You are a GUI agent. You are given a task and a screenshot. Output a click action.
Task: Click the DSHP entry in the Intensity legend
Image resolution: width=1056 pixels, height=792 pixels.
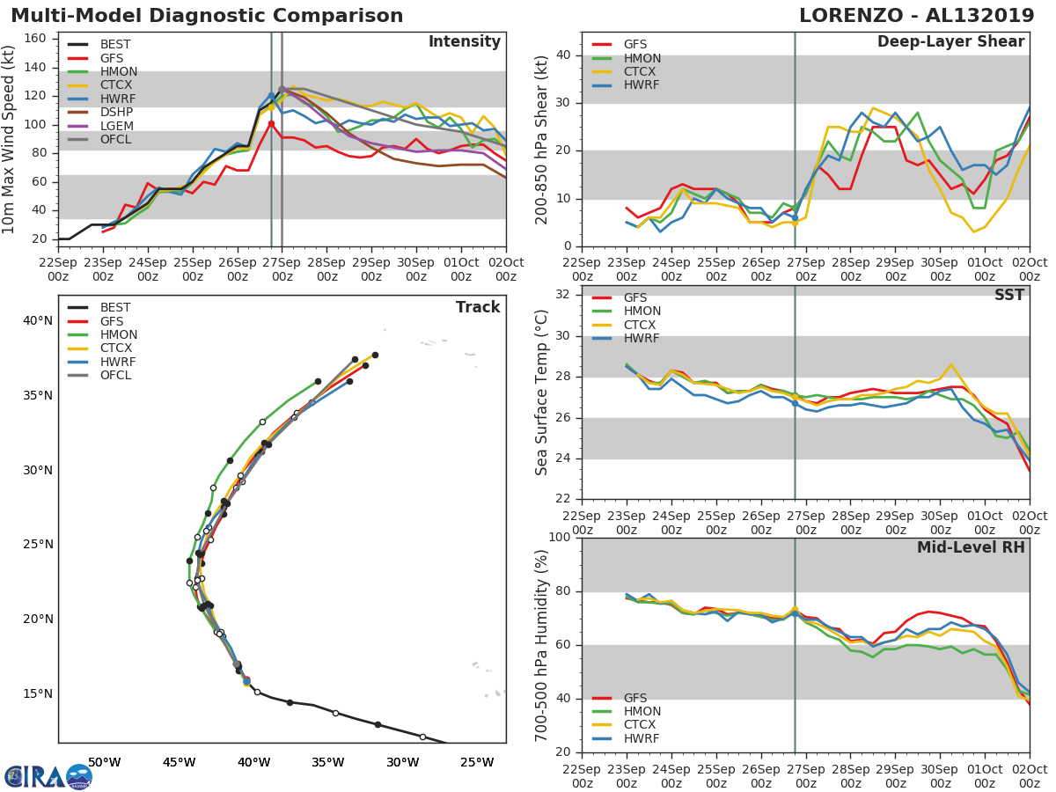pos(116,112)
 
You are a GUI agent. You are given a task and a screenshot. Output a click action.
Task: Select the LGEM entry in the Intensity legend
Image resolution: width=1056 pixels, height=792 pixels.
pos(116,126)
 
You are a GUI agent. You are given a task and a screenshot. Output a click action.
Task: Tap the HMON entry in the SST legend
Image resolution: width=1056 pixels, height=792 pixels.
pos(642,311)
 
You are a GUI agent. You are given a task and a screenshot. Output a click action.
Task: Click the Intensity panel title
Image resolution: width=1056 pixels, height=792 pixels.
pos(464,42)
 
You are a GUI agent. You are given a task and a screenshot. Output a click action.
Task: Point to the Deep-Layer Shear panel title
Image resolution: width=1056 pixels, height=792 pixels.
pos(950,42)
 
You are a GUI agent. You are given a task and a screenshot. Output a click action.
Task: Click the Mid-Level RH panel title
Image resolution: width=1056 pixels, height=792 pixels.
pos(971,547)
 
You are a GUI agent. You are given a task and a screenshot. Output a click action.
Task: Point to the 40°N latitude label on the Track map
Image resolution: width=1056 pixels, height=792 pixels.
pos(37,320)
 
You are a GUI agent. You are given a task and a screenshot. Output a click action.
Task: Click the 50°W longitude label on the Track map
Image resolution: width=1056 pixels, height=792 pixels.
pos(104,762)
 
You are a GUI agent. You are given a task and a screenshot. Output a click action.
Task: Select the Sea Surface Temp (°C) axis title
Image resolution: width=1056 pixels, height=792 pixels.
pos(542,392)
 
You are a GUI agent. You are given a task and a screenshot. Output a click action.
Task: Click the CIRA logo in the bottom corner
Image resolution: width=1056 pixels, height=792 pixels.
pos(48,776)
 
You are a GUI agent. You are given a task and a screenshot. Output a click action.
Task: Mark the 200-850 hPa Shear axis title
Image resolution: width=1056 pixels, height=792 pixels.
pos(542,139)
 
